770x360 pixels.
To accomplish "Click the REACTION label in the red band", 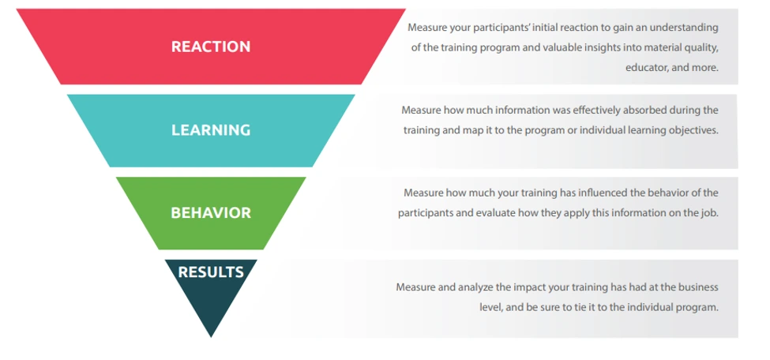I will click(210, 47).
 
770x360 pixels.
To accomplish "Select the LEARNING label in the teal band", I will click(210, 129).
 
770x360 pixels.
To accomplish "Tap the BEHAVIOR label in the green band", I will click(210, 212).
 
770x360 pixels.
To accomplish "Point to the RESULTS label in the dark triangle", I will click(210, 272).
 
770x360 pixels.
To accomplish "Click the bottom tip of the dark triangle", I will click(211, 336).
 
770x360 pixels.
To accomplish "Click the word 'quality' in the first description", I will click(701, 47).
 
